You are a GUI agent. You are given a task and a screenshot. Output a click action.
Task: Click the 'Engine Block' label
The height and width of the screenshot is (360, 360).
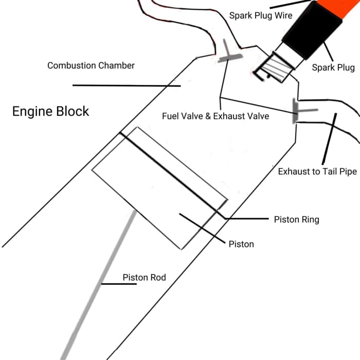[50, 112]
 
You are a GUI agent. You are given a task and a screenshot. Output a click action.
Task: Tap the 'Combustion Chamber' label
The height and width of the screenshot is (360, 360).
[91, 66]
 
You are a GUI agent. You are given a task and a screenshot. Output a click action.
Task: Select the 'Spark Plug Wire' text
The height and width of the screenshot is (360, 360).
[260, 15]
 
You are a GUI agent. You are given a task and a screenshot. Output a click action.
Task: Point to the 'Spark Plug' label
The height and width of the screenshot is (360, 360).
[333, 67]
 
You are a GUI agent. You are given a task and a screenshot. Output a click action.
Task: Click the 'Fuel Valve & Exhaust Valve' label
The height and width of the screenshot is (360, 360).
[215, 116]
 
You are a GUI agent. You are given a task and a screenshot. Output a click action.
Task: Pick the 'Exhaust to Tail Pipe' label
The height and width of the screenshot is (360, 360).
[317, 172]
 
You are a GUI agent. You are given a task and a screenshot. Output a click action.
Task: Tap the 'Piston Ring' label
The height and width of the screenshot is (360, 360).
[296, 220]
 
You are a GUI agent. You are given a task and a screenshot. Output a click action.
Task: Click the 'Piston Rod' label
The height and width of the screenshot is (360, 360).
[144, 278]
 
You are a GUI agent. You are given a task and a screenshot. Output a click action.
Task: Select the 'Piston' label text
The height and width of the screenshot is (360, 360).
[241, 244]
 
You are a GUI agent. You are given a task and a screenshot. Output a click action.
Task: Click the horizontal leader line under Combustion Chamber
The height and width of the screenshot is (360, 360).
[127, 86]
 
